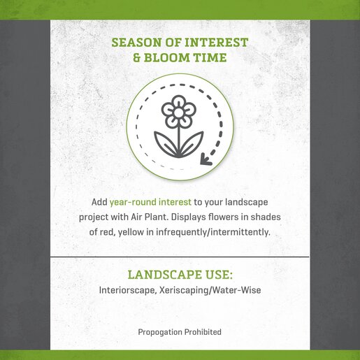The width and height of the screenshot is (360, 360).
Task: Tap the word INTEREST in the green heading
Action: point(216,43)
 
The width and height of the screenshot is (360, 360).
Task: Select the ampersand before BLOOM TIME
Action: point(137,57)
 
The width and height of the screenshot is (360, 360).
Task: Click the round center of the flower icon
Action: point(179,113)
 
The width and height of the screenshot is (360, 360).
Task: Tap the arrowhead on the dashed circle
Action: point(206,159)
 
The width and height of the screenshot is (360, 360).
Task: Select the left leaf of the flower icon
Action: point(166,143)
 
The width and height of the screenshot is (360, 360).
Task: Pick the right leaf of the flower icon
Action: point(192,143)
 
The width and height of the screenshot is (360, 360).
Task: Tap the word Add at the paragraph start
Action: point(99,202)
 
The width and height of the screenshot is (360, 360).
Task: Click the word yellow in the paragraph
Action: point(131,232)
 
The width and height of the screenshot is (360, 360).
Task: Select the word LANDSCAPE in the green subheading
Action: point(164,275)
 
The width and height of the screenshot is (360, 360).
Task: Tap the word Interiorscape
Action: point(128,290)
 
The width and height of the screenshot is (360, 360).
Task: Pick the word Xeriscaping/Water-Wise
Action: point(210,290)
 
